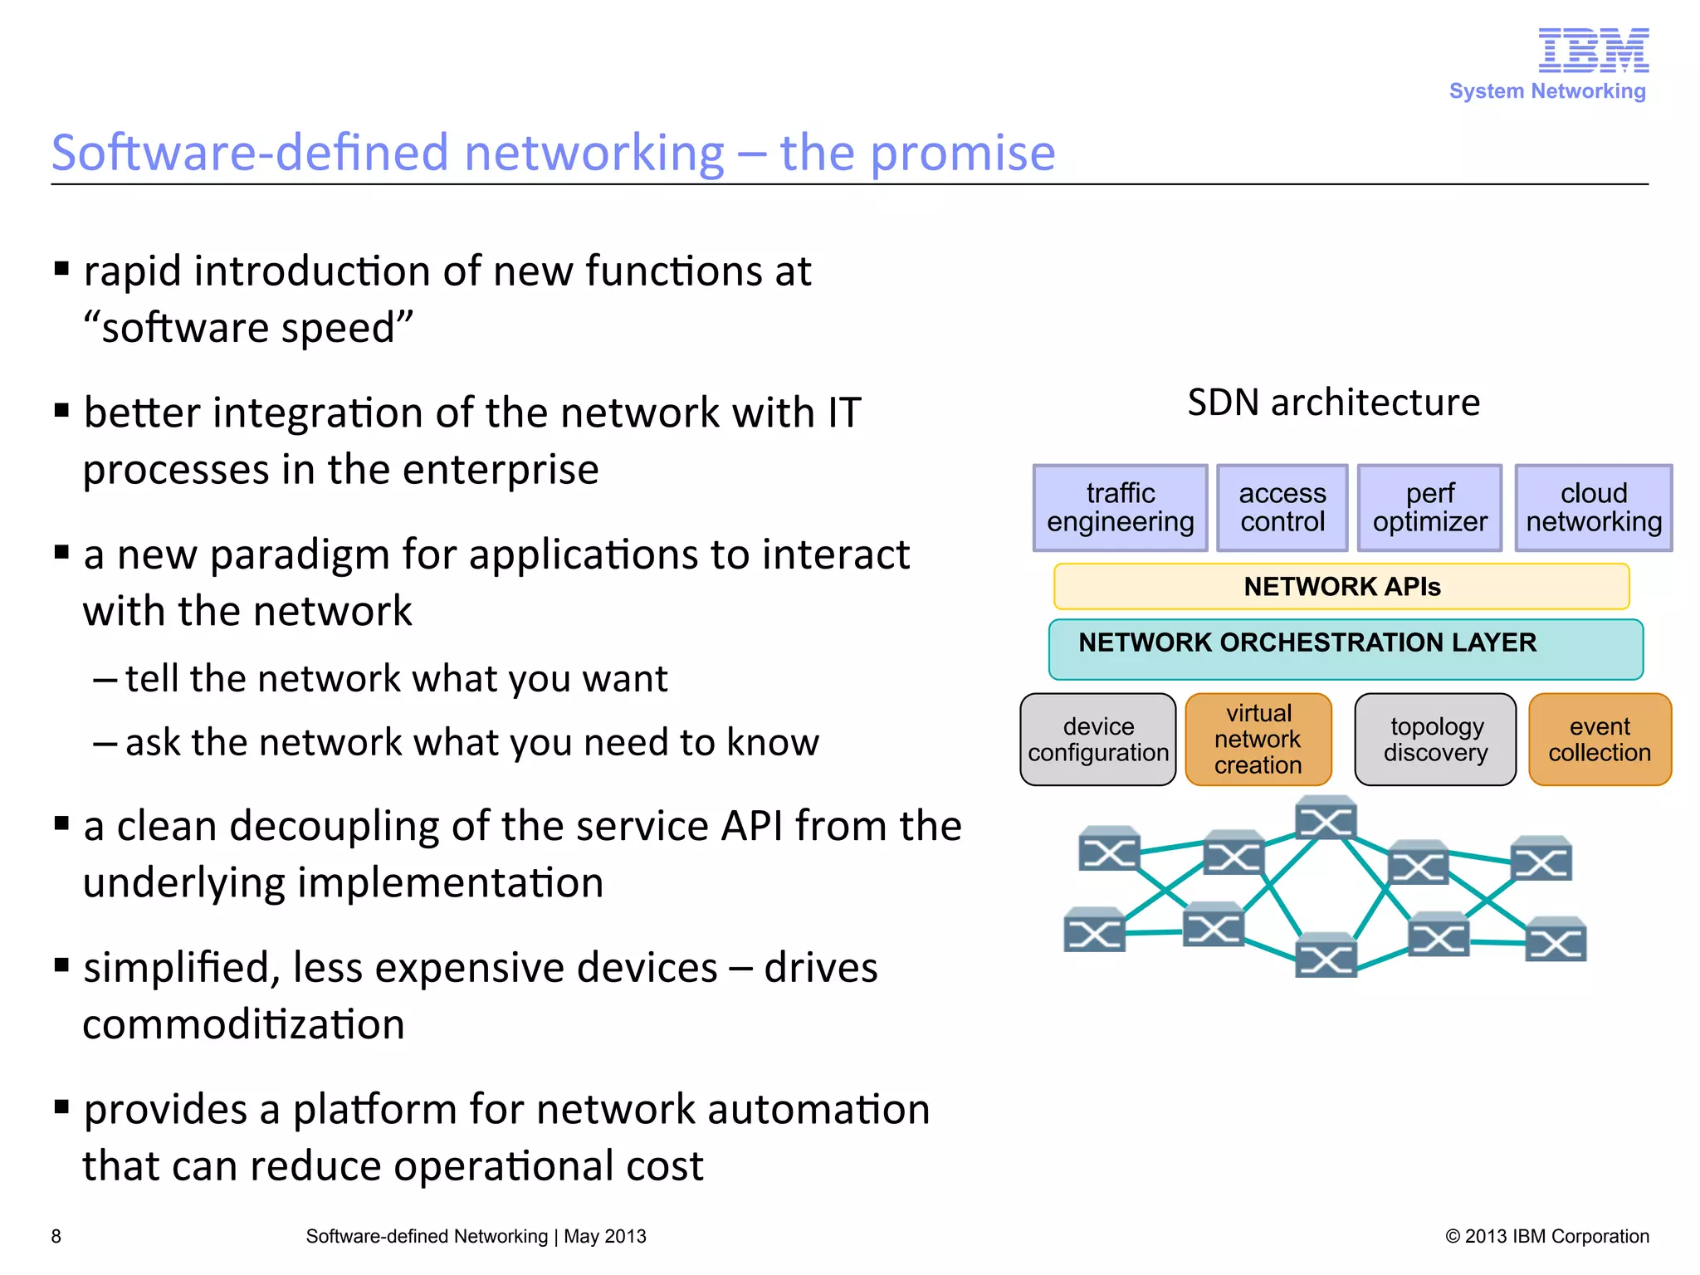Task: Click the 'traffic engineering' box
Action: point(1120,508)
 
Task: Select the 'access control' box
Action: point(1282,508)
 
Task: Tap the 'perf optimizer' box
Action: point(1429,508)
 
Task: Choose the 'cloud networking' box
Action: point(1594,508)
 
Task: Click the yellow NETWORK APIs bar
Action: point(1341,587)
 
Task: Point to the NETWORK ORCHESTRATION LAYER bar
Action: point(1346,649)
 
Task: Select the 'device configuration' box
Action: point(1097,740)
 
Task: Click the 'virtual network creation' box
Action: point(1258,740)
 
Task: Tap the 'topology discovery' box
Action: point(1435,740)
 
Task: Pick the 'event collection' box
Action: point(1600,740)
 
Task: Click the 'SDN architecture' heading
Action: point(1333,403)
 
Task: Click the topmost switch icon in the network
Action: point(1326,818)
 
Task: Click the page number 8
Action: point(56,1236)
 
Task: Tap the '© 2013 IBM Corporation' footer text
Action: point(1547,1236)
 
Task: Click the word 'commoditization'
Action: point(244,1024)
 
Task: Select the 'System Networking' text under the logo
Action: point(1547,91)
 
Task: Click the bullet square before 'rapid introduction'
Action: point(61,268)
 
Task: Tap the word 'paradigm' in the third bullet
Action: point(300,556)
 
